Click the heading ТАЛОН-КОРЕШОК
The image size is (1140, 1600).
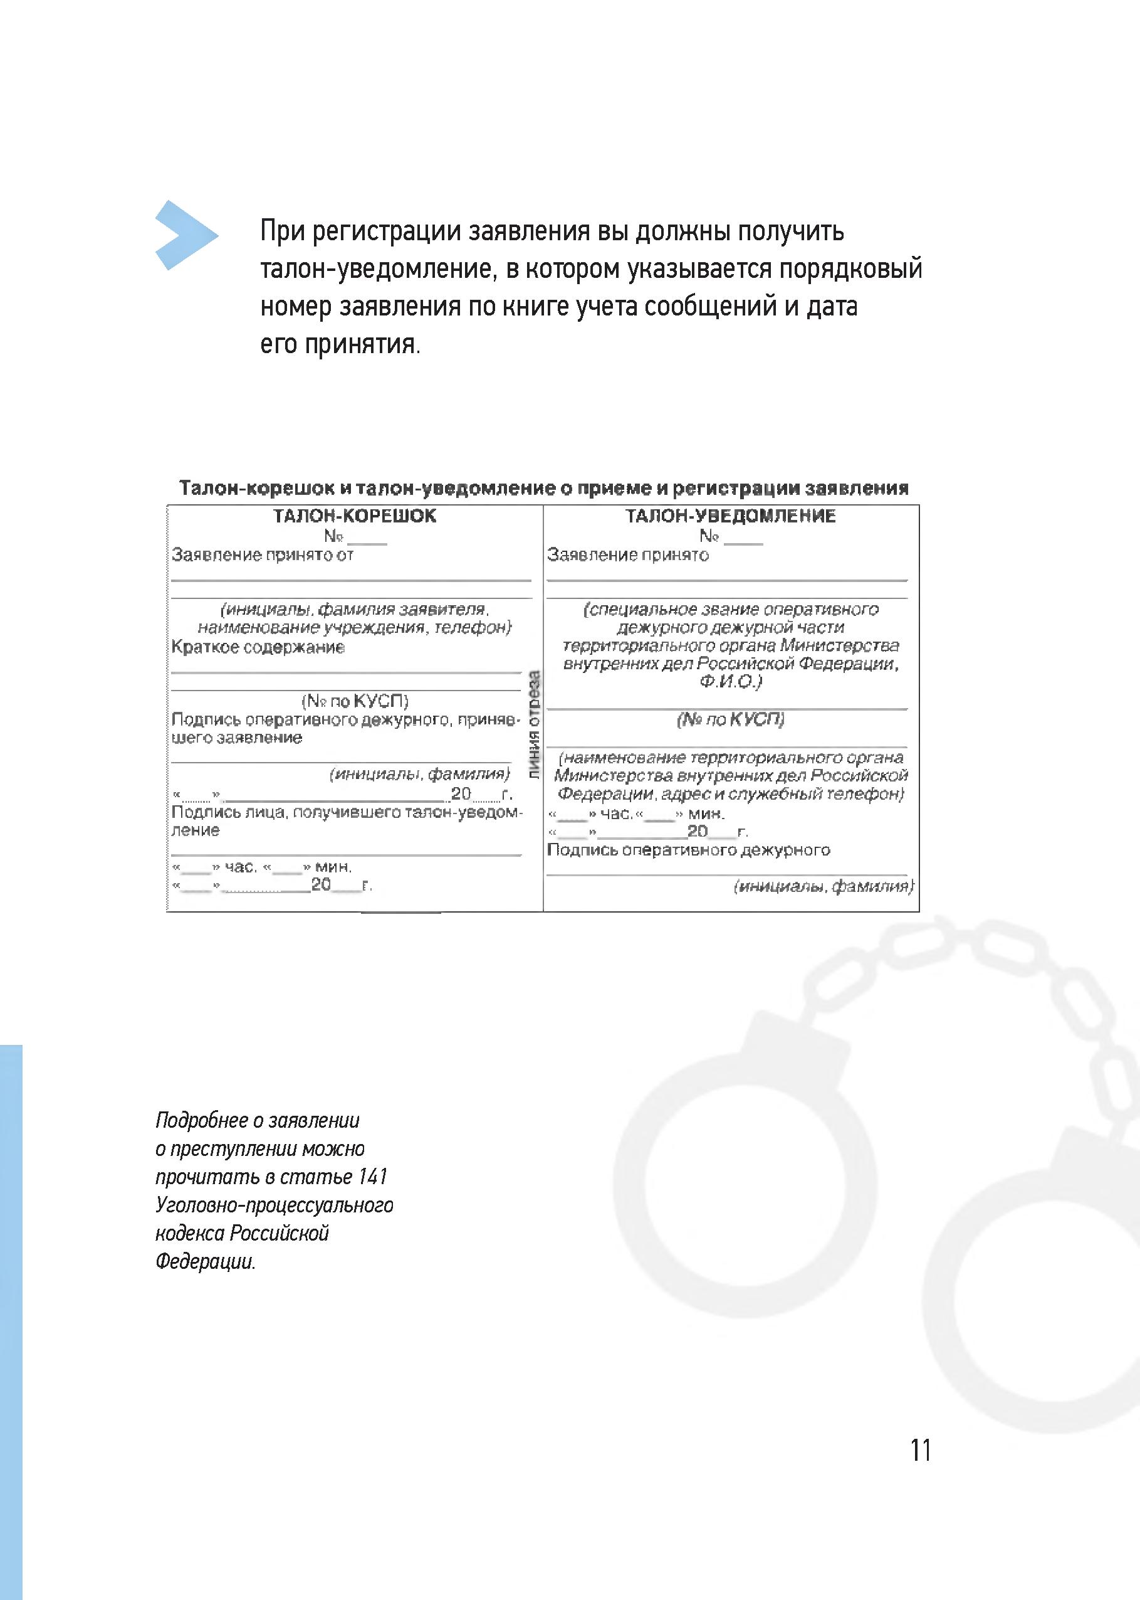(x=355, y=516)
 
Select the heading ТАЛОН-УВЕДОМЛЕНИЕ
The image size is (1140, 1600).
(x=731, y=516)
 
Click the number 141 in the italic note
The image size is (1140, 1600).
(x=373, y=1177)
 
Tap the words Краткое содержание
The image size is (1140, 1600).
(x=258, y=647)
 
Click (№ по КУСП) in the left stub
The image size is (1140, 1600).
(x=355, y=701)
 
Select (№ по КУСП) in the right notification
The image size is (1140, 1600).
(x=731, y=719)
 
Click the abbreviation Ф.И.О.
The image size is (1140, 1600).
(x=731, y=682)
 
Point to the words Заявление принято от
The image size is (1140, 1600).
(x=263, y=555)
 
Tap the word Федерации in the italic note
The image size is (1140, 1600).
(x=205, y=1261)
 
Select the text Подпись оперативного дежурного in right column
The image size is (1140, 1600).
(x=688, y=850)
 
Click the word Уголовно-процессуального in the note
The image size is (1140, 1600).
(x=275, y=1205)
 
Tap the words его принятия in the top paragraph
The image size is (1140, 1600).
(x=340, y=346)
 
